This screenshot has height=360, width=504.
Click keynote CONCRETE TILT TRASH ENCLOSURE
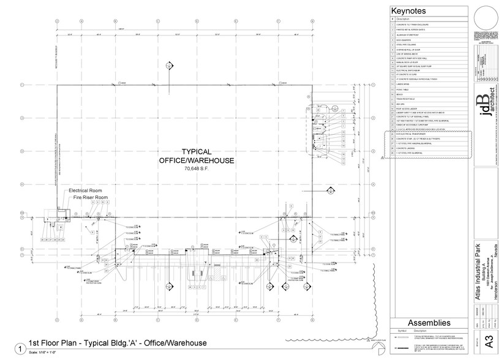click(x=416, y=24)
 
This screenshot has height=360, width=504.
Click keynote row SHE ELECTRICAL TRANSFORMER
click(x=413, y=135)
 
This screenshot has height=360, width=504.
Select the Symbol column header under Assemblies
click(x=401, y=330)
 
